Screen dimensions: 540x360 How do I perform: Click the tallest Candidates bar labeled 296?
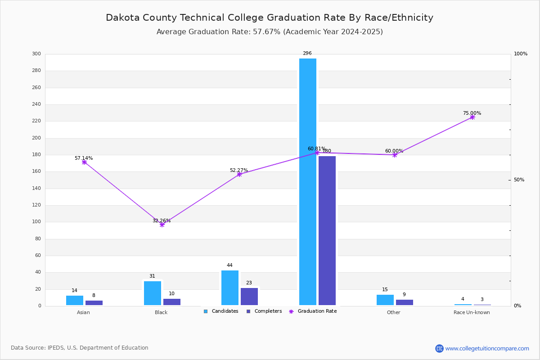308,182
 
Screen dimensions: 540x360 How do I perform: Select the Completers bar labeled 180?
327,231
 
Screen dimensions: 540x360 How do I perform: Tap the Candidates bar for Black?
153,293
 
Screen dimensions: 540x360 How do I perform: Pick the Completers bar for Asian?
94,303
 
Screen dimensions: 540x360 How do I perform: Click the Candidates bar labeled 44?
230,288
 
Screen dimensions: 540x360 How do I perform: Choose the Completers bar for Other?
405,302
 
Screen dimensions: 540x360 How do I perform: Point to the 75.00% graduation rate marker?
472,117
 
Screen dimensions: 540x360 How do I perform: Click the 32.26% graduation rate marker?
162,225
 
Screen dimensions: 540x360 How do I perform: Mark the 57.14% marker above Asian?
84,162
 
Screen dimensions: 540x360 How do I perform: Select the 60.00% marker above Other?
395,155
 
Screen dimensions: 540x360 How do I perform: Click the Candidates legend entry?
221,311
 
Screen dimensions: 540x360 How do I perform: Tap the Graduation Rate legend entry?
313,311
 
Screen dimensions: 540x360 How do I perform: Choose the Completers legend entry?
264,311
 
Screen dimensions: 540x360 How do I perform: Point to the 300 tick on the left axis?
36,54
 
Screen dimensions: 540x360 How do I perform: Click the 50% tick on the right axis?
519,180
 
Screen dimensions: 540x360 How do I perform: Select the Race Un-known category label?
472,312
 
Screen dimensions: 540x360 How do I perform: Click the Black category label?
161,312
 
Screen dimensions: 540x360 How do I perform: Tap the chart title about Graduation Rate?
270,18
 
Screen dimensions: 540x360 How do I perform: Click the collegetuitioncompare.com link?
487,348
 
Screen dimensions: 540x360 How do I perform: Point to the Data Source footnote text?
80,348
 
